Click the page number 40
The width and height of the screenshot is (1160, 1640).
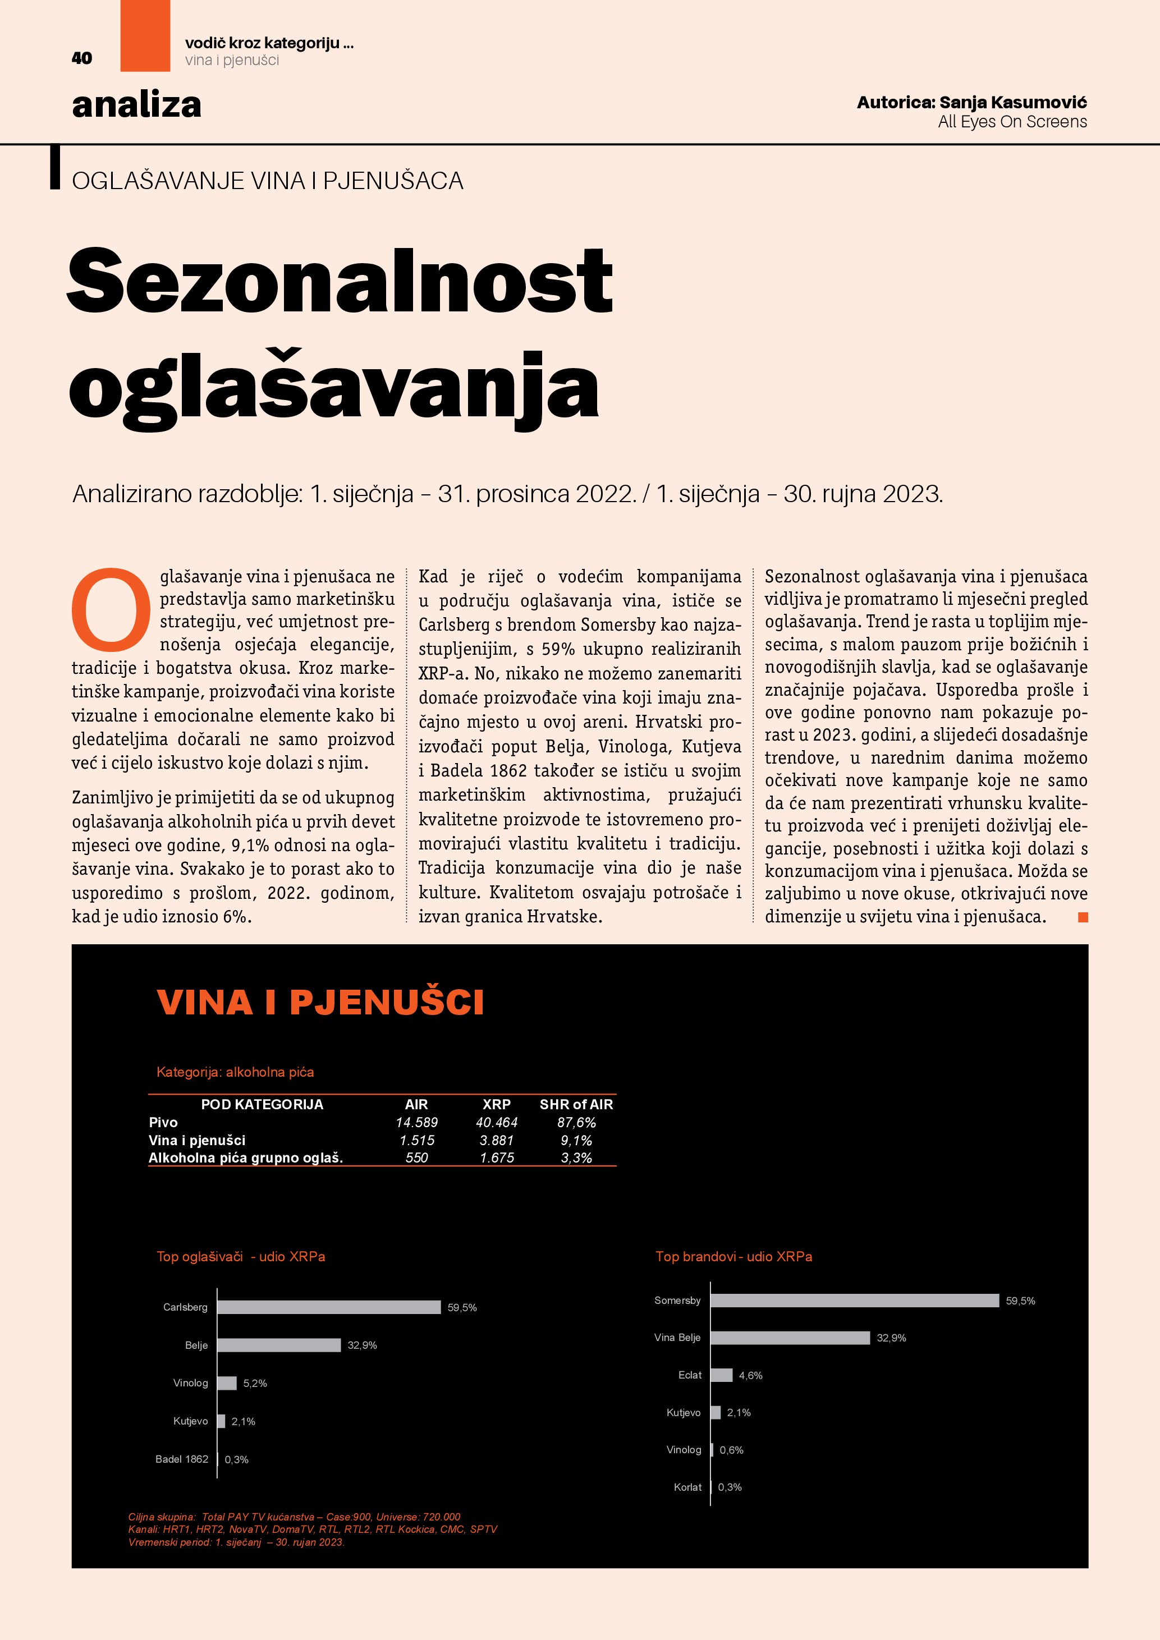81,58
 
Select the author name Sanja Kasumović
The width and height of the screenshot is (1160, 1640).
1012,102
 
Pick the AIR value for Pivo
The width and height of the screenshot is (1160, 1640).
416,1122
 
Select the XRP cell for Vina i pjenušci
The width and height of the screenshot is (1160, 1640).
497,1140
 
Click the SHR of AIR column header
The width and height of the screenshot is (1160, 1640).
576,1104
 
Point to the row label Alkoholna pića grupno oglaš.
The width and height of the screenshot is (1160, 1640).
246,1158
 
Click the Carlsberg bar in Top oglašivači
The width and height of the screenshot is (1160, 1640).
328,1307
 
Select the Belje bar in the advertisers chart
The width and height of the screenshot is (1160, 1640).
278,1345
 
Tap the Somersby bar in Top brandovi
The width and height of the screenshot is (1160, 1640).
854,1301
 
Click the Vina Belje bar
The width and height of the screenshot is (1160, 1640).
790,1338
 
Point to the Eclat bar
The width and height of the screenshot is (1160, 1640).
722,1375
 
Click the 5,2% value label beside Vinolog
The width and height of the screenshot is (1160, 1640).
255,1384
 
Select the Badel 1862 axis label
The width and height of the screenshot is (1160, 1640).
181,1459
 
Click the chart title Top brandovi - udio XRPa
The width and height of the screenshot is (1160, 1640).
733,1256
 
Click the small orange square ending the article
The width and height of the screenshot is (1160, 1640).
1083,917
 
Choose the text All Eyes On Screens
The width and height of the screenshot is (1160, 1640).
1012,122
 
